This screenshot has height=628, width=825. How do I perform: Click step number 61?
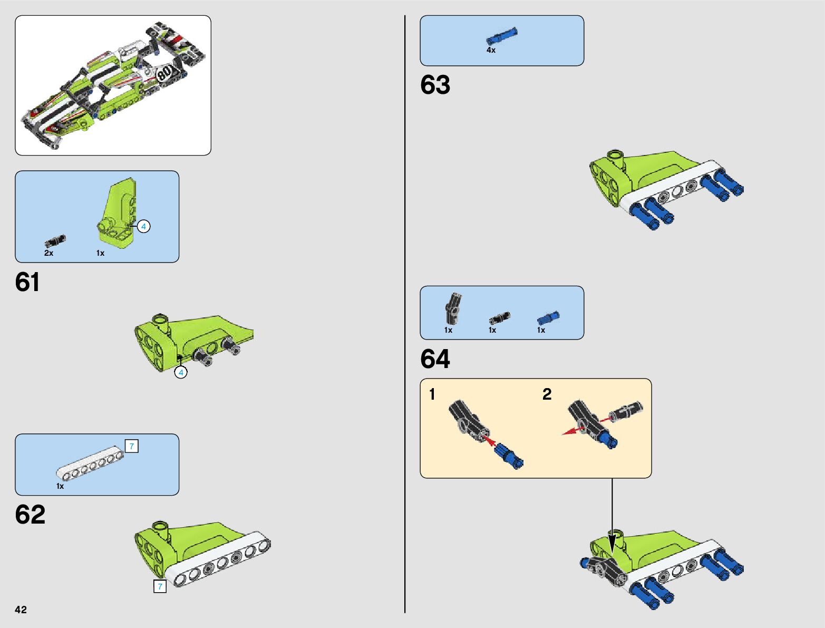[27, 282]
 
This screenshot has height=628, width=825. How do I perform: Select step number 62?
[30, 515]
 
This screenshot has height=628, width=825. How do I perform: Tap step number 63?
[435, 85]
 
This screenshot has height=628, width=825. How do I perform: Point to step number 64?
[435, 359]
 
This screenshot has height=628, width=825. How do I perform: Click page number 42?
[21, 610]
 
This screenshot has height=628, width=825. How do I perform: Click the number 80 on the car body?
[165, 72]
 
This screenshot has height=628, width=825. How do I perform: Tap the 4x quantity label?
[491, 50]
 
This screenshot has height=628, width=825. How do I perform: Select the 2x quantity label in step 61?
[48, 253]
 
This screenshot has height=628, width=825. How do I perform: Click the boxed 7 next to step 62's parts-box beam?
[132, 446]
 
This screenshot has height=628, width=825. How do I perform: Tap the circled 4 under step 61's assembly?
[181, 372]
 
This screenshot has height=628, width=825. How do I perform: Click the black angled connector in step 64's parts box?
[453, 308]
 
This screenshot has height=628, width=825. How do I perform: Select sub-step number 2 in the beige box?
[547, 394]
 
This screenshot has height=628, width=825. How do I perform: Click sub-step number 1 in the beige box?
[432, 394]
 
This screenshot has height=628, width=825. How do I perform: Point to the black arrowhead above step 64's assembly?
[612, 543]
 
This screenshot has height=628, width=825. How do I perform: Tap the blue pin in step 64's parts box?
[548, 318]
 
